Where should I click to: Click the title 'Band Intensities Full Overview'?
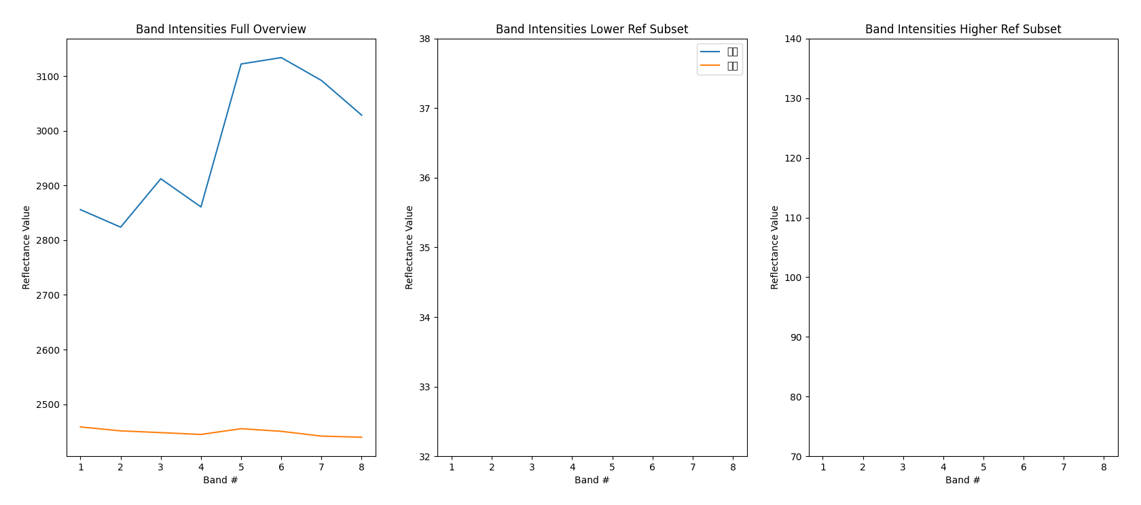pyautogui.click(x=221, y=29)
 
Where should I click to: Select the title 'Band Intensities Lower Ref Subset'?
pyautogui.click(x=592, y=29)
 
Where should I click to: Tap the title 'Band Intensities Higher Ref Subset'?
pyautogui.click(x=963, y=29)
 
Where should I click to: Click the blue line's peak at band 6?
pyautogui.click(x=281, y=58)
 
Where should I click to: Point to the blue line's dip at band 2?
pyautogui.click(x=121, y=227)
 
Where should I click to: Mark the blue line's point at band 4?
pyautogui.click(x=201, y=206)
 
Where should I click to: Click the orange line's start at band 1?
pyautogui.click(x=81, y=427)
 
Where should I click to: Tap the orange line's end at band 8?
pyautogui.click(x=361, y=437)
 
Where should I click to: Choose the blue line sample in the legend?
pyautogui.click(x=710, y=52)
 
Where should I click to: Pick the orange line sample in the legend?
pyautogui.click(x=710, y=66)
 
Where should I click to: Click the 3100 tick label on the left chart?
pyautogui.click(x=48, y=77)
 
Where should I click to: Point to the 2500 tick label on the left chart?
pyautogui.click(x=48, y=405)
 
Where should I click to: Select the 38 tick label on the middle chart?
pyautogui.click(x=424, y=39)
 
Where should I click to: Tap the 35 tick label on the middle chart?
pyautogui.click(x=424, y=248)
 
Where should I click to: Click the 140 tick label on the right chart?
pyautogui.click(x=793, y=39)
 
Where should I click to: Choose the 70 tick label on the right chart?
pyautogui.click(x=795, y=457)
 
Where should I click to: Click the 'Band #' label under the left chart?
pyautogui.click(x=221, y=481)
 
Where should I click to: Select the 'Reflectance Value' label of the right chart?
pyautogui.click(x=775, y=247)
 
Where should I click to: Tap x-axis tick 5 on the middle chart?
pyautogui.click(x=612, y=468)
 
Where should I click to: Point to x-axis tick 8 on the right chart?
pyautogui.click(x=1104, y=468)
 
